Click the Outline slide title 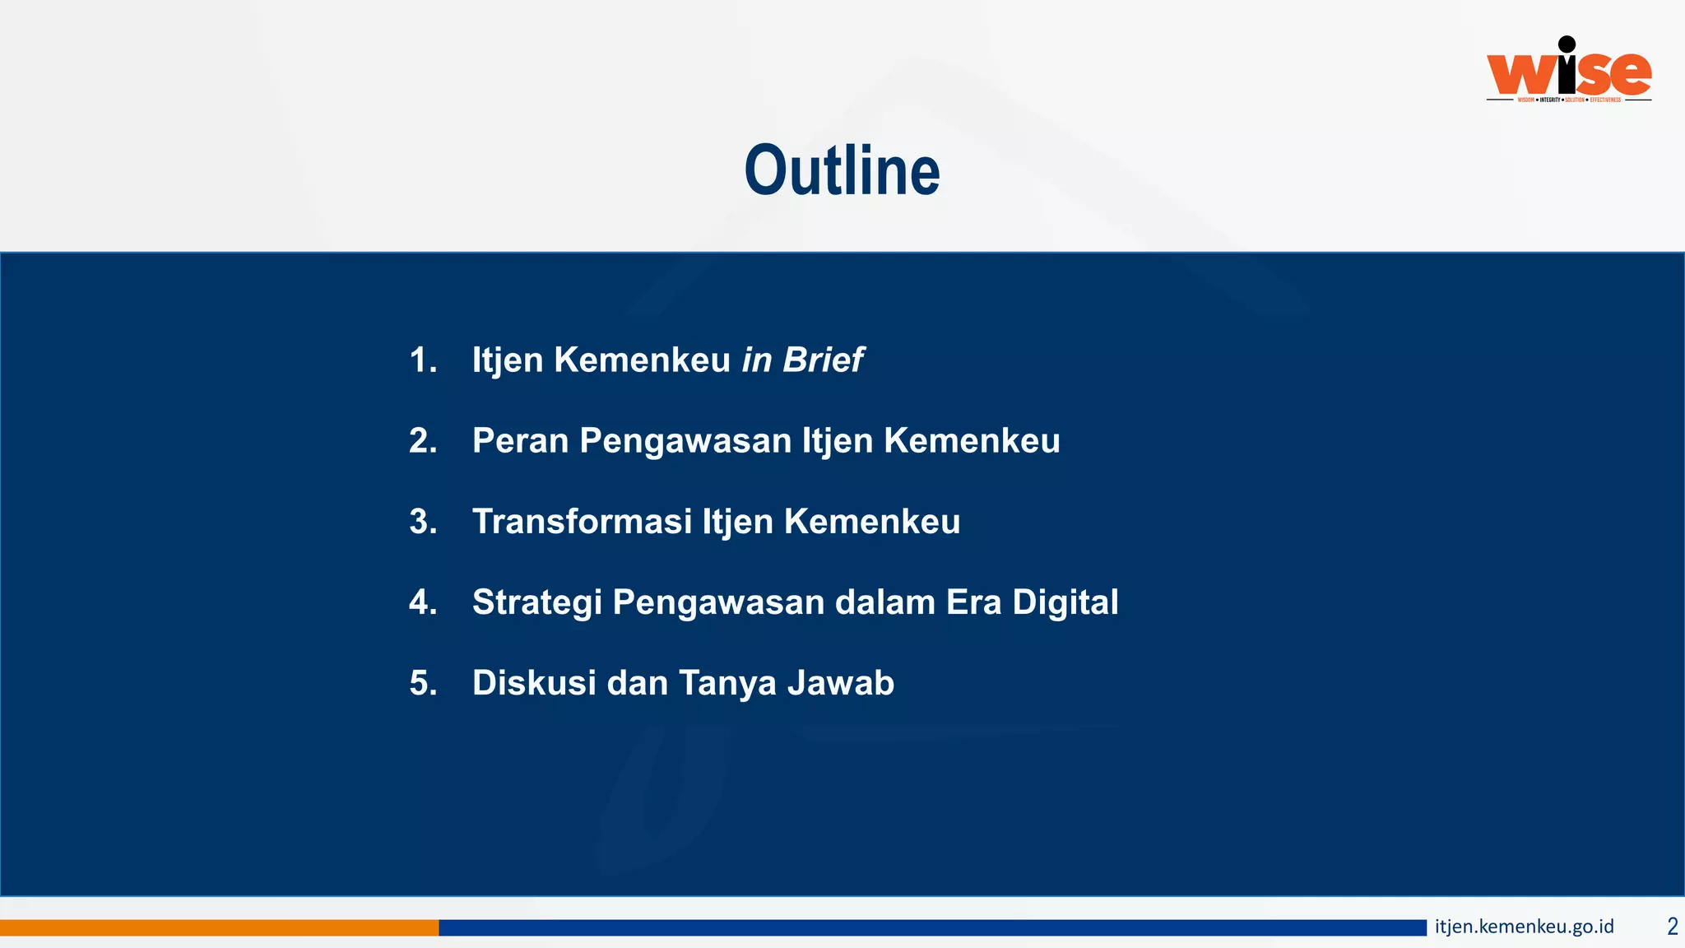click(x=842, y=171)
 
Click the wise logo click(x=1568, y=72)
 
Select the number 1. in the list click(x=423, y=360)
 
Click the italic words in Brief click(x=801, y=360)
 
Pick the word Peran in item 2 click(x=520, y=441)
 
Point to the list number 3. click(x=423, y=522)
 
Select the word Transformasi click(x=582, y=522)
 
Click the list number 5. click(x=423, y=683)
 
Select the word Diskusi click(x=534, y=683)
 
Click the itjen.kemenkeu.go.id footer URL click(x=1524, y=927)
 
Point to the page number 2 click(x=1672, y=927)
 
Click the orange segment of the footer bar click(x=219, y=927)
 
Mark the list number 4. click(x=423, y=602)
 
